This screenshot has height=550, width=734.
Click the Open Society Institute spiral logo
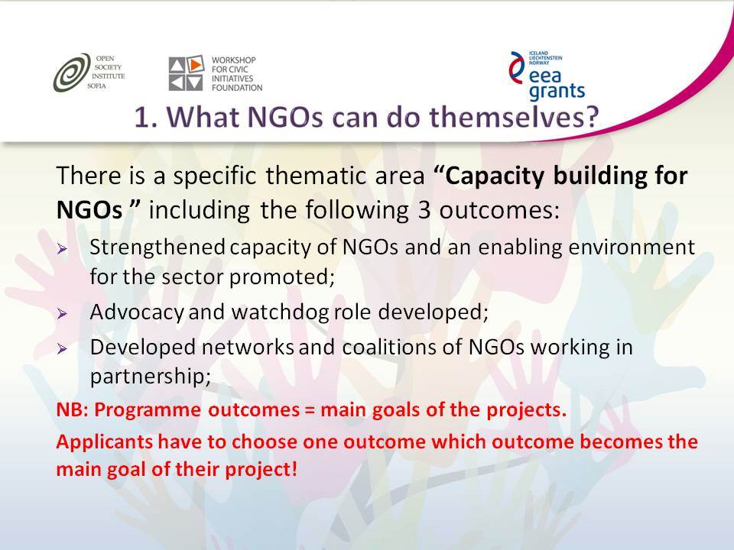tap(72, 73)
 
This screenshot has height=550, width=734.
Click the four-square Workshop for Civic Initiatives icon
tap(187, 73)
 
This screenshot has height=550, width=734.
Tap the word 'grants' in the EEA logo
tap(557, 91)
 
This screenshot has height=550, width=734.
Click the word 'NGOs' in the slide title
tap(285, 117)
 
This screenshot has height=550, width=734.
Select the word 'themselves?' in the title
tap(515, 117)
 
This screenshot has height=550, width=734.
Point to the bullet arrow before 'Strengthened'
tap(62, 249)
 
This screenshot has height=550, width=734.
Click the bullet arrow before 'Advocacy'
tap(62, 313)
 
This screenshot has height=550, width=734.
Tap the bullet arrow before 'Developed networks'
tap(62, 348)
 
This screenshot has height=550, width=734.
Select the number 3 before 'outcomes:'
tap(424, 211)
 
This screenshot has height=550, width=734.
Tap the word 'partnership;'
tap(151, 377)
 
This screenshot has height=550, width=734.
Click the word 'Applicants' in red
tap(105, 442)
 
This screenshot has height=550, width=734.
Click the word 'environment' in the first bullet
tap(632, 247)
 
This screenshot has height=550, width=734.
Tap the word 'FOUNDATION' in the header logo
tap(237, 87)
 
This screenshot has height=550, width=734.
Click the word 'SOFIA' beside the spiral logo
tap(96, 86)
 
